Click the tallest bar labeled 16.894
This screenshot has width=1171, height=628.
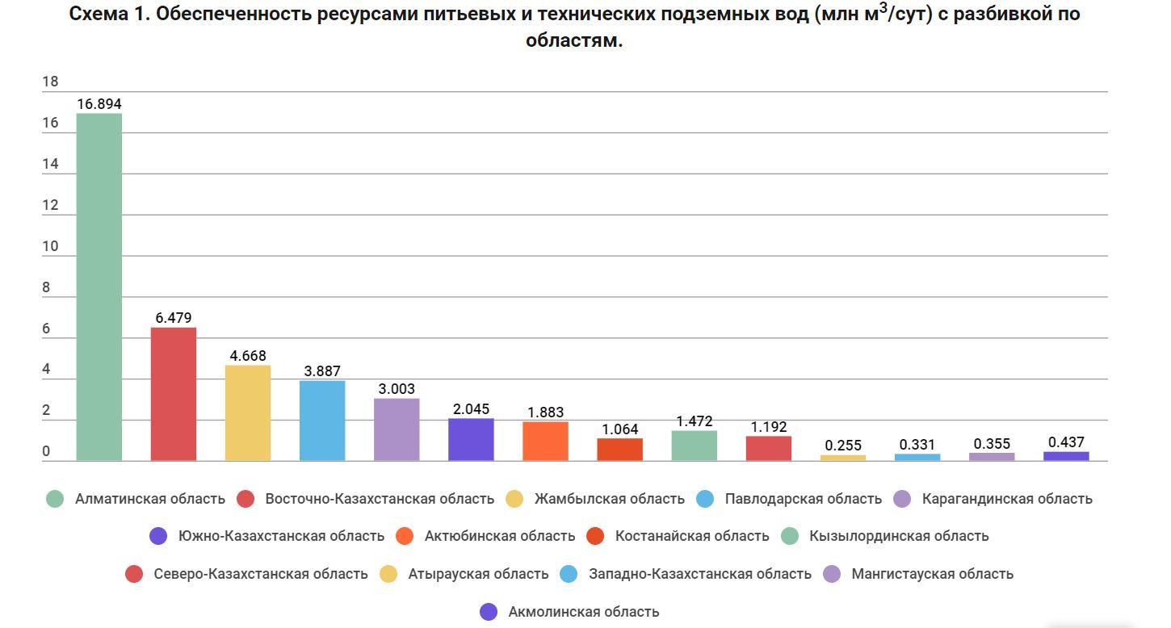point(99,287)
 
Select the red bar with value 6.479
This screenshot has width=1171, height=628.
point(174,394)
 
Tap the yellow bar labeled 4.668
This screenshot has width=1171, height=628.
point(248,412)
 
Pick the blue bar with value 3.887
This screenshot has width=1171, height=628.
point(322,421)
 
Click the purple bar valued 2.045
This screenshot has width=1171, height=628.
point(471,439)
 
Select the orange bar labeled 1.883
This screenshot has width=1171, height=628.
point(545,441)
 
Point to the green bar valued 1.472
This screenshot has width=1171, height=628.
point(694,446)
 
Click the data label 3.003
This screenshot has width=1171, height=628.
point(397,389)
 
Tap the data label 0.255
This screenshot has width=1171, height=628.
point(843,446)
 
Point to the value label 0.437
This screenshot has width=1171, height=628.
point(1066,442)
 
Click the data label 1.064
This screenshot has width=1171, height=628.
point(619,429)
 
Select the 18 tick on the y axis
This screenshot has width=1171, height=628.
point(50,82)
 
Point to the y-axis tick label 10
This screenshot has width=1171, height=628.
point(50,246)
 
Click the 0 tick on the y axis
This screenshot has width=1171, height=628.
point(46,452)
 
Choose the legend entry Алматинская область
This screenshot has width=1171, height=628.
point(149,499)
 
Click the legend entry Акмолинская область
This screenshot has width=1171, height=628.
point(583,612)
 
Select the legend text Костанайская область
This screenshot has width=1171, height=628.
point(691,536)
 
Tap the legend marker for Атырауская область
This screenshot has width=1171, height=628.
point(388,574)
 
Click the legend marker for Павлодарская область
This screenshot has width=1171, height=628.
point(705,499)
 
